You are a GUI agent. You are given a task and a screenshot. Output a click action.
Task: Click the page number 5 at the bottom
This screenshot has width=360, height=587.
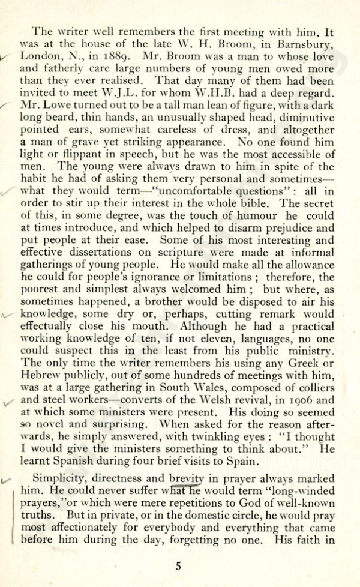click(x=178, y=565)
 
